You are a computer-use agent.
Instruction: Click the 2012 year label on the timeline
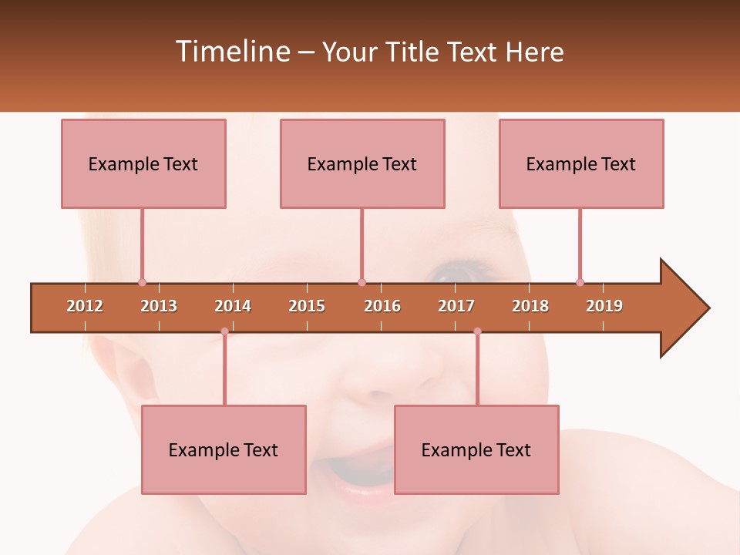[x=85, y=306]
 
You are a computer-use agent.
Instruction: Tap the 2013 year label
[x=159, y=306]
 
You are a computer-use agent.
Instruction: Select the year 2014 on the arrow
[x=233, y=306]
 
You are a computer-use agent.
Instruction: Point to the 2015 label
[x=307, y=306]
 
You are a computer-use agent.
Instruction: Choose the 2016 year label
[x=382, y=306]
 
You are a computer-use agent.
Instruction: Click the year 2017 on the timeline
[x=456, y=306]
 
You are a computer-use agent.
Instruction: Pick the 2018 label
[x=530, y=306]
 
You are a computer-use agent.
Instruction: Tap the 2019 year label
[x=604, y=306]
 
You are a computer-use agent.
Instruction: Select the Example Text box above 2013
[x=143, y=163]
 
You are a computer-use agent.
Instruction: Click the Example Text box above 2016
[x=362, y=163]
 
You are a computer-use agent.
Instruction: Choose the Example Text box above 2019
[x=581, y=163]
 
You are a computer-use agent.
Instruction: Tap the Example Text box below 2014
[x=224, y=449]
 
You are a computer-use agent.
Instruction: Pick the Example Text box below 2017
[x=476, y=449]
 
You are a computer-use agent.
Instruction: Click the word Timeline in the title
[x=231, y=52]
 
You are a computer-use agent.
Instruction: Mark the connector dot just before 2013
[x=142, y=282]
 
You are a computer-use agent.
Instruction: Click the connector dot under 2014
[x=224, y=331]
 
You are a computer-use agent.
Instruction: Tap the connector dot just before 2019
[x=580, y=282]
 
